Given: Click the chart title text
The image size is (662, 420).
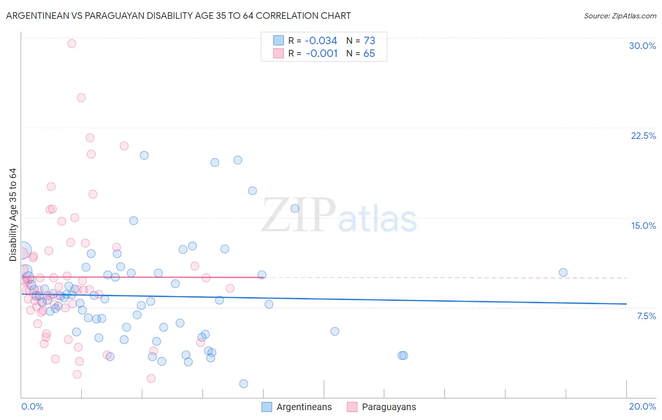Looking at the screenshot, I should click(x=178, y=16).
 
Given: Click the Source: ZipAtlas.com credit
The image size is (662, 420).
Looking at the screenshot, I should click(x=620, y=16).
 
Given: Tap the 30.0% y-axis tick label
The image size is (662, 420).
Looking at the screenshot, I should click(x=642, y=46).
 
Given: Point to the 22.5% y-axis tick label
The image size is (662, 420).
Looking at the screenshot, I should click(x=643, y=136).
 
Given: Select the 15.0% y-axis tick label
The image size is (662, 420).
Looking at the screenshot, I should click(x=643, y=226).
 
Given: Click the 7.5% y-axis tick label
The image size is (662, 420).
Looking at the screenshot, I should click(x=646, y=316).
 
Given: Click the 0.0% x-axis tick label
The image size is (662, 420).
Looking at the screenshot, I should click(x=32, y=406).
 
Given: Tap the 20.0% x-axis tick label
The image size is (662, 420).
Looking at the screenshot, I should click(x=642, y=406).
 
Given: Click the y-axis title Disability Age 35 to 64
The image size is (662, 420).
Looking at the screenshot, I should click(x=13, y=215).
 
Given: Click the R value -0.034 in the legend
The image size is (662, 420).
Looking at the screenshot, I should click(x=321, y=41).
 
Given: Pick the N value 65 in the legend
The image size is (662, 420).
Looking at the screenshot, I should click(x=369, y=54).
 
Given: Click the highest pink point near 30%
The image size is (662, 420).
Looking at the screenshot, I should click(x=72, y=43).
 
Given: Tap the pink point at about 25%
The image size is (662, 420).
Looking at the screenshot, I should click(x=81, y=98).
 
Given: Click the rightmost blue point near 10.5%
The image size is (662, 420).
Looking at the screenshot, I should click(x=563, y=273).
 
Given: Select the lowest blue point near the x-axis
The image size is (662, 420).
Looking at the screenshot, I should click(x=243, y=384).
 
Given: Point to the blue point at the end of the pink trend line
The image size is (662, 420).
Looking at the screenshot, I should click(x=262, y=275).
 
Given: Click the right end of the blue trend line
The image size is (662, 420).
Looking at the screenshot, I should click(x=626, y=304).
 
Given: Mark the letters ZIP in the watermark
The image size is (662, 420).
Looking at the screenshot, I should click(x=299, y=215).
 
